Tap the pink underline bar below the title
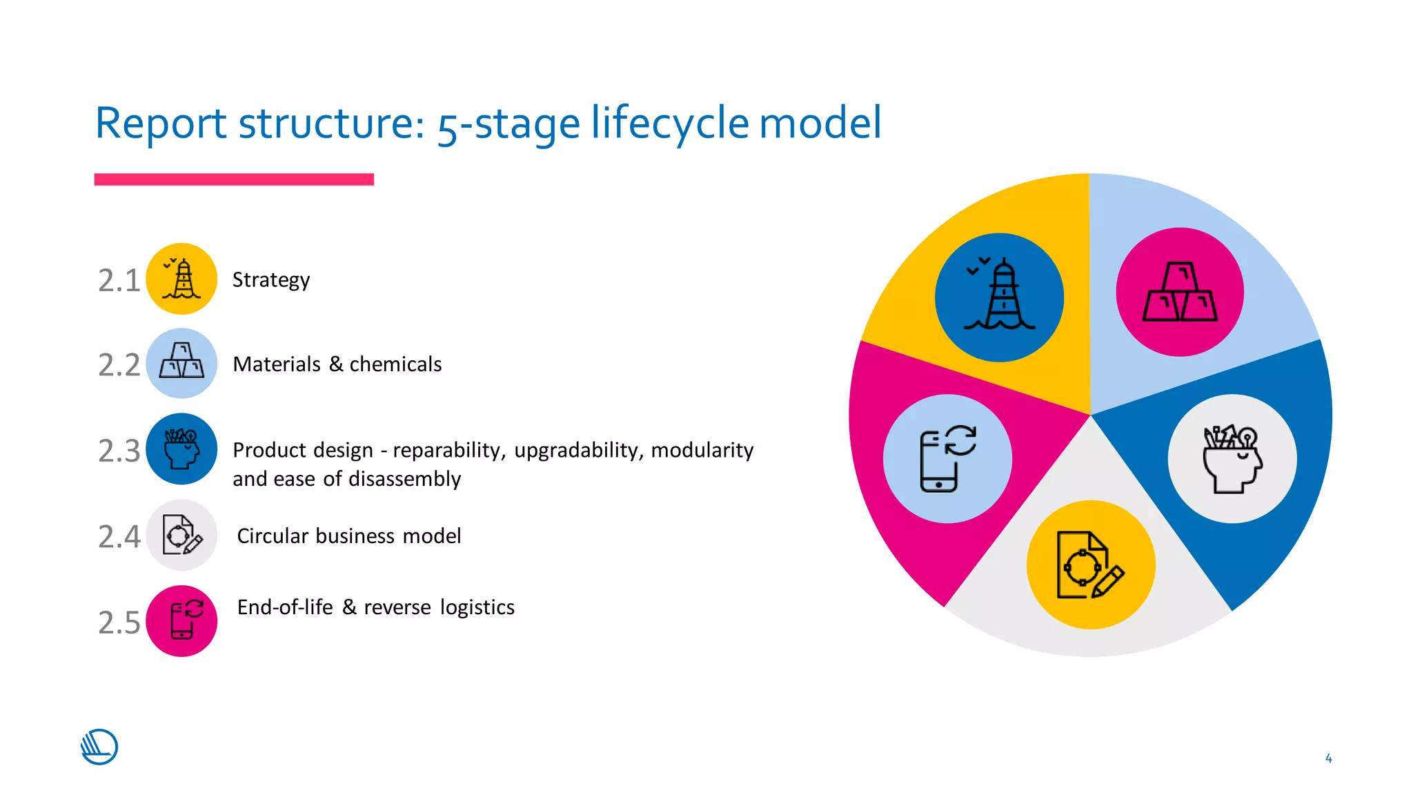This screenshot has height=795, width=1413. point(234,179)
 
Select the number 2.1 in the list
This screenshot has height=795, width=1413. point(119,281)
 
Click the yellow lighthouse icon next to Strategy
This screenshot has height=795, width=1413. point(181,279)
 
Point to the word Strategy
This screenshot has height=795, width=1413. point(270,280)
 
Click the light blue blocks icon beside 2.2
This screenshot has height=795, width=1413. point(181,363)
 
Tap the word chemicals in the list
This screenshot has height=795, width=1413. point(395,364)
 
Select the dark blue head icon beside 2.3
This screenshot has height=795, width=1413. point(181,449)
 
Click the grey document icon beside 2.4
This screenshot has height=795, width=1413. point(181,535)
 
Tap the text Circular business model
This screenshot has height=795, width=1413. point(348,536)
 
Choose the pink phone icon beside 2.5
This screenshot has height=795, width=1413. point(181,621)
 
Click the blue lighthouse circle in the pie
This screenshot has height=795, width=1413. point(999,297)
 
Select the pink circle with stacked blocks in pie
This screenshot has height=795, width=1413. point(1180,292)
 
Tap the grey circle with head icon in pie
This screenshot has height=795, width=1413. point(1232,459)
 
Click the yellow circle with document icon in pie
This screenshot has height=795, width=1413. point(1091,565)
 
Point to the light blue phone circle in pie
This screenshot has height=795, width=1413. point(947,459)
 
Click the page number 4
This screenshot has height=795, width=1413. point(1328,758)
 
